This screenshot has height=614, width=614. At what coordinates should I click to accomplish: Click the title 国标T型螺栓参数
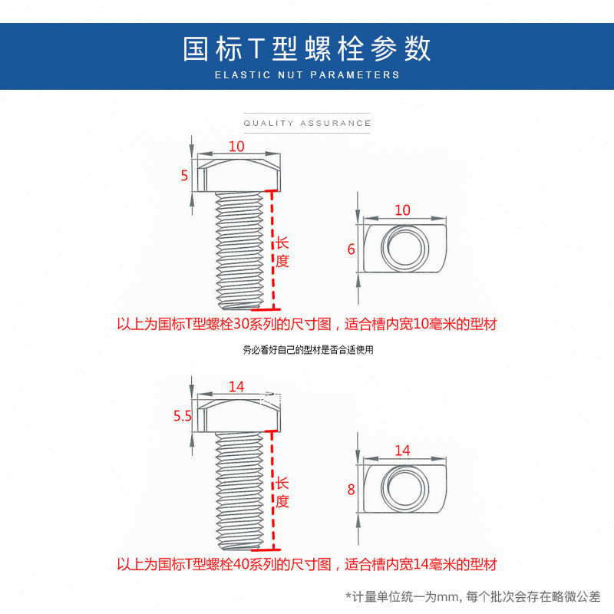307,48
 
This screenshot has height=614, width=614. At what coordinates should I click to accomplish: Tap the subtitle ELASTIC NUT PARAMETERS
307,75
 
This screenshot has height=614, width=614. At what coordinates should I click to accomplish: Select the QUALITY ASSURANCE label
307,123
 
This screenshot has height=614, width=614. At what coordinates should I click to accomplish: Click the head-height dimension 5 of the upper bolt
184,176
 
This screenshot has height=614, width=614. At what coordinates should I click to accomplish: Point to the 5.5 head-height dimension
182,416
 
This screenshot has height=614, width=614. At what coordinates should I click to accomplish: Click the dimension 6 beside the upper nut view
351,249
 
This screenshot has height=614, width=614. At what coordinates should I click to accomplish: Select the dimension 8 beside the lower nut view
351,489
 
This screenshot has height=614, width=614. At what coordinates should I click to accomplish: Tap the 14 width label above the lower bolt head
236,387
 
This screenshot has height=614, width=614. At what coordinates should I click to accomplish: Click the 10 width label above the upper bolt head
236,146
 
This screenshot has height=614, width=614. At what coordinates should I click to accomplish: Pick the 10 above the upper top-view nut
402,210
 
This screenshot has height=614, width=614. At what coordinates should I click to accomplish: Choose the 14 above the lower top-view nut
402,451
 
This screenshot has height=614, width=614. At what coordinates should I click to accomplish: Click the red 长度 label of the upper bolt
282,251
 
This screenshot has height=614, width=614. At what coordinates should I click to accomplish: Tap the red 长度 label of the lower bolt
282,492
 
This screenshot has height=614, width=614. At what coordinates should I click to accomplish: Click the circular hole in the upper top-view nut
404,248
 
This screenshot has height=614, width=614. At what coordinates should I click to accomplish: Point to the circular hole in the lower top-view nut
404,488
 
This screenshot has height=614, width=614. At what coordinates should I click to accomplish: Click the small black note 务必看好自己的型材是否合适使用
308,350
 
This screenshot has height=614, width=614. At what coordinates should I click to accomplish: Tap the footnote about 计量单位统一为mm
473,596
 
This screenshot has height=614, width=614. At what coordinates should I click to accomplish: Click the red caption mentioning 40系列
307,565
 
